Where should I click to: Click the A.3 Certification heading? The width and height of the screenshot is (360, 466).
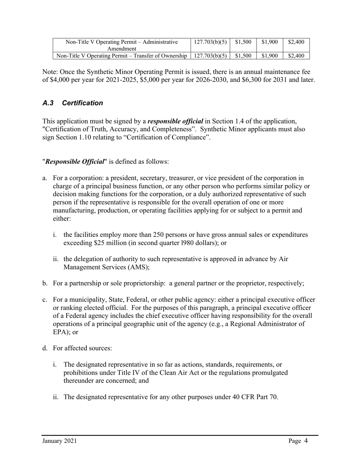point(72,103)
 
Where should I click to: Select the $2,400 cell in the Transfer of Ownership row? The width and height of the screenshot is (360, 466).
point(296,56)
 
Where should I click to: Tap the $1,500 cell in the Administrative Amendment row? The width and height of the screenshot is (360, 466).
point(243,42)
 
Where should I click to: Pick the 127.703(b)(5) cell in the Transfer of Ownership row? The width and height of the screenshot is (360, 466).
point(210,56)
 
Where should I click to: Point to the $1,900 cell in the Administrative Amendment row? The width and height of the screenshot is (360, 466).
point(270,42)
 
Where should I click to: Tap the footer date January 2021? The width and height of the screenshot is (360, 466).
point(59,441)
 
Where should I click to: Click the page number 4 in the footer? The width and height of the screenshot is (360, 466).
point(305,441)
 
